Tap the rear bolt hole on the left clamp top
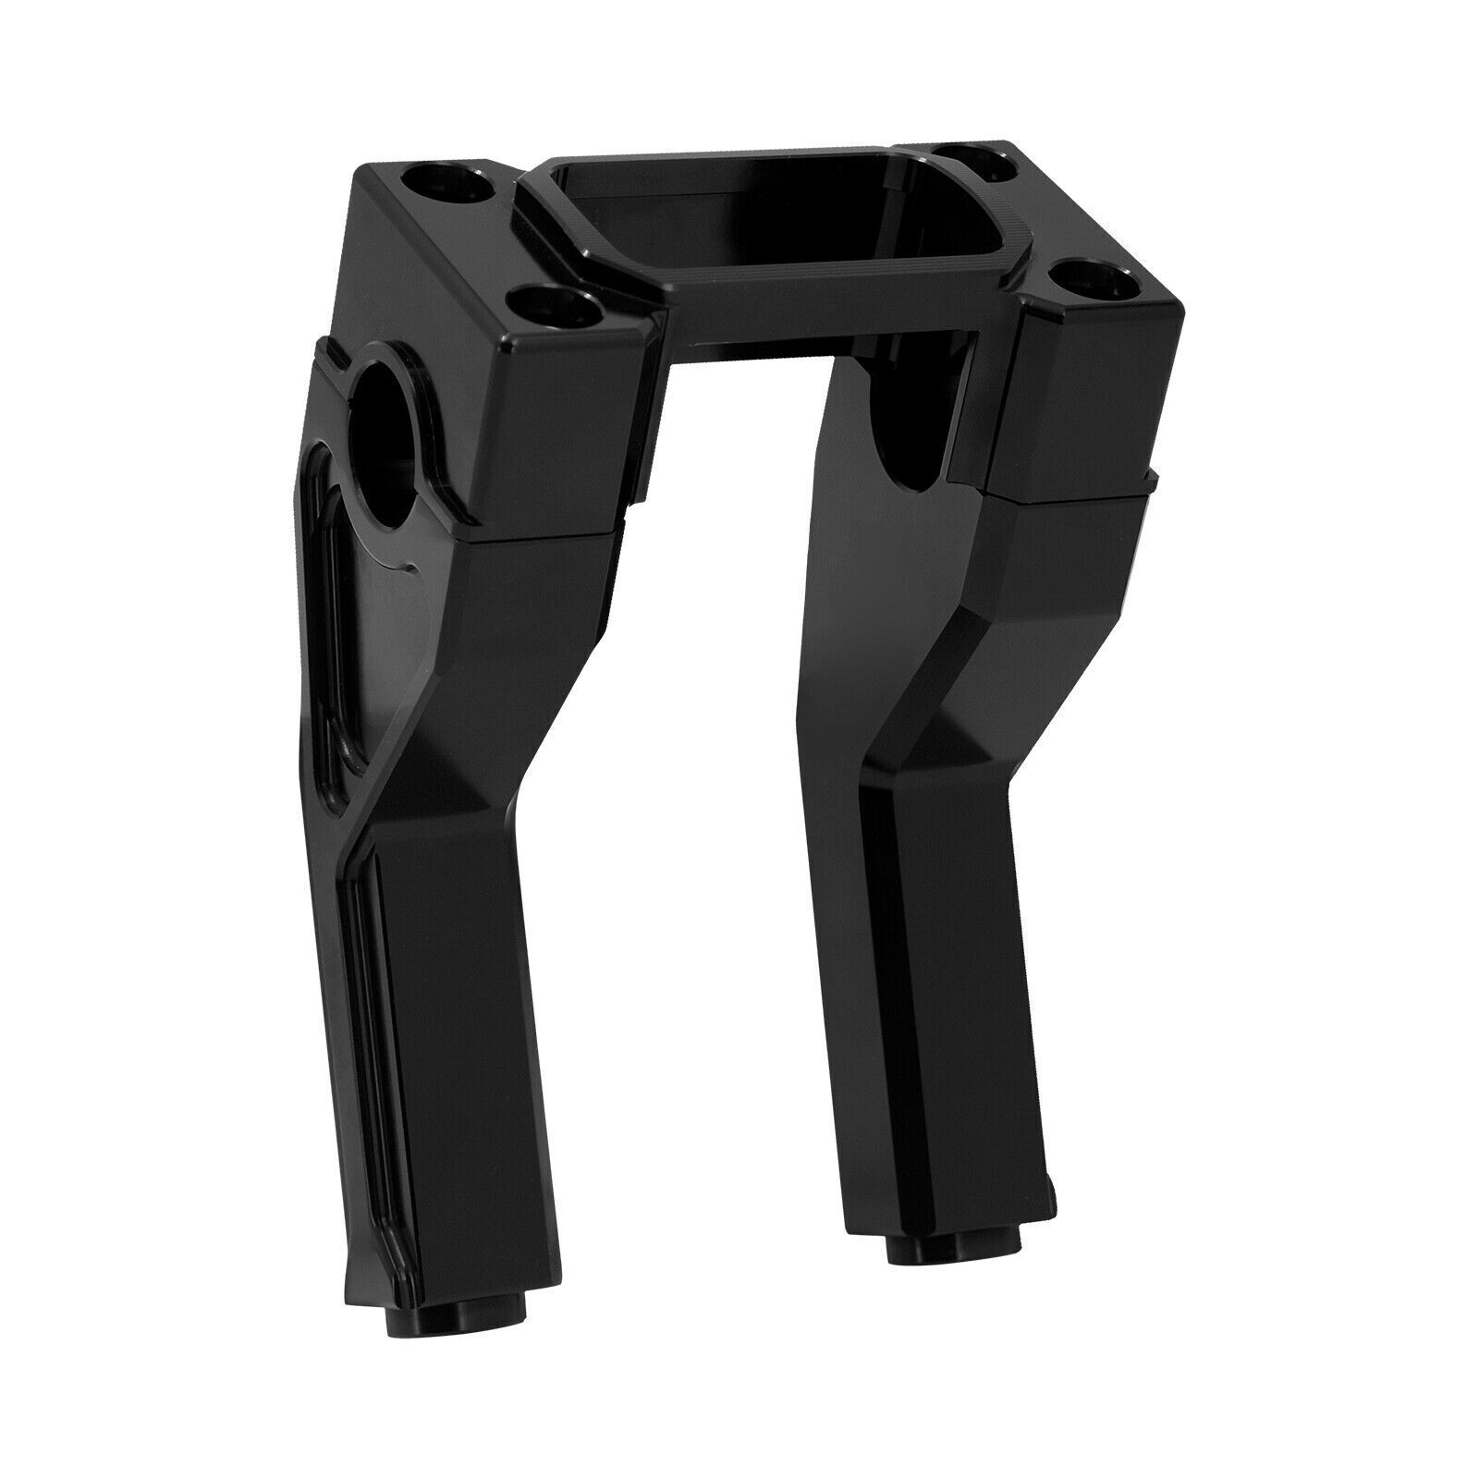coord(458,187)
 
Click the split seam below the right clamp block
coord(1072,490)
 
